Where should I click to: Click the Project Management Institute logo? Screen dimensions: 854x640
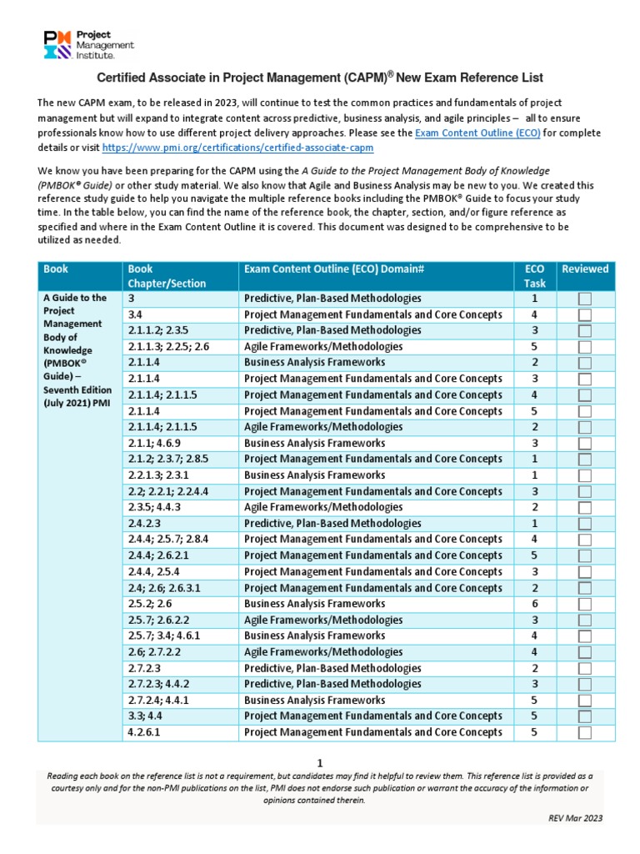[x=88, y=43]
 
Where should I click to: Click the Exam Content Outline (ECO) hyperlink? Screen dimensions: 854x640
[x=466, y=133]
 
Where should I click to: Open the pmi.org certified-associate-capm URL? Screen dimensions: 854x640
[x=237, y=147]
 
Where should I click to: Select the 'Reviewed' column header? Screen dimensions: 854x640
[x=585, y=269]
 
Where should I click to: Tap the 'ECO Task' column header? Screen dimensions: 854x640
[x=534, y=275]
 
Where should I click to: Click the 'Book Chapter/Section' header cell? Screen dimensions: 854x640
[x=165, y=275]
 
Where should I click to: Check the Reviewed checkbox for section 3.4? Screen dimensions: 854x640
[x=585, y=314]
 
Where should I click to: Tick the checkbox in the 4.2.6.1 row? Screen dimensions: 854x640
[x=585, y=732]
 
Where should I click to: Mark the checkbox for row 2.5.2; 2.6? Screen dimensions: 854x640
[x=585, y=604]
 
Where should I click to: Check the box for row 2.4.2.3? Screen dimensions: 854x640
[x=585, y=524]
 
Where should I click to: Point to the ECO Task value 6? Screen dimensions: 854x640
[x=534, y=604]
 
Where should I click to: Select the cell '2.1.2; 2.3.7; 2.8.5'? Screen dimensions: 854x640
[x=167, y=460]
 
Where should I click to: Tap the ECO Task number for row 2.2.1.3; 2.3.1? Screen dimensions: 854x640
[x=534, y=475]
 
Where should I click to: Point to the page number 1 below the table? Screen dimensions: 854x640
[x=319, y=762]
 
